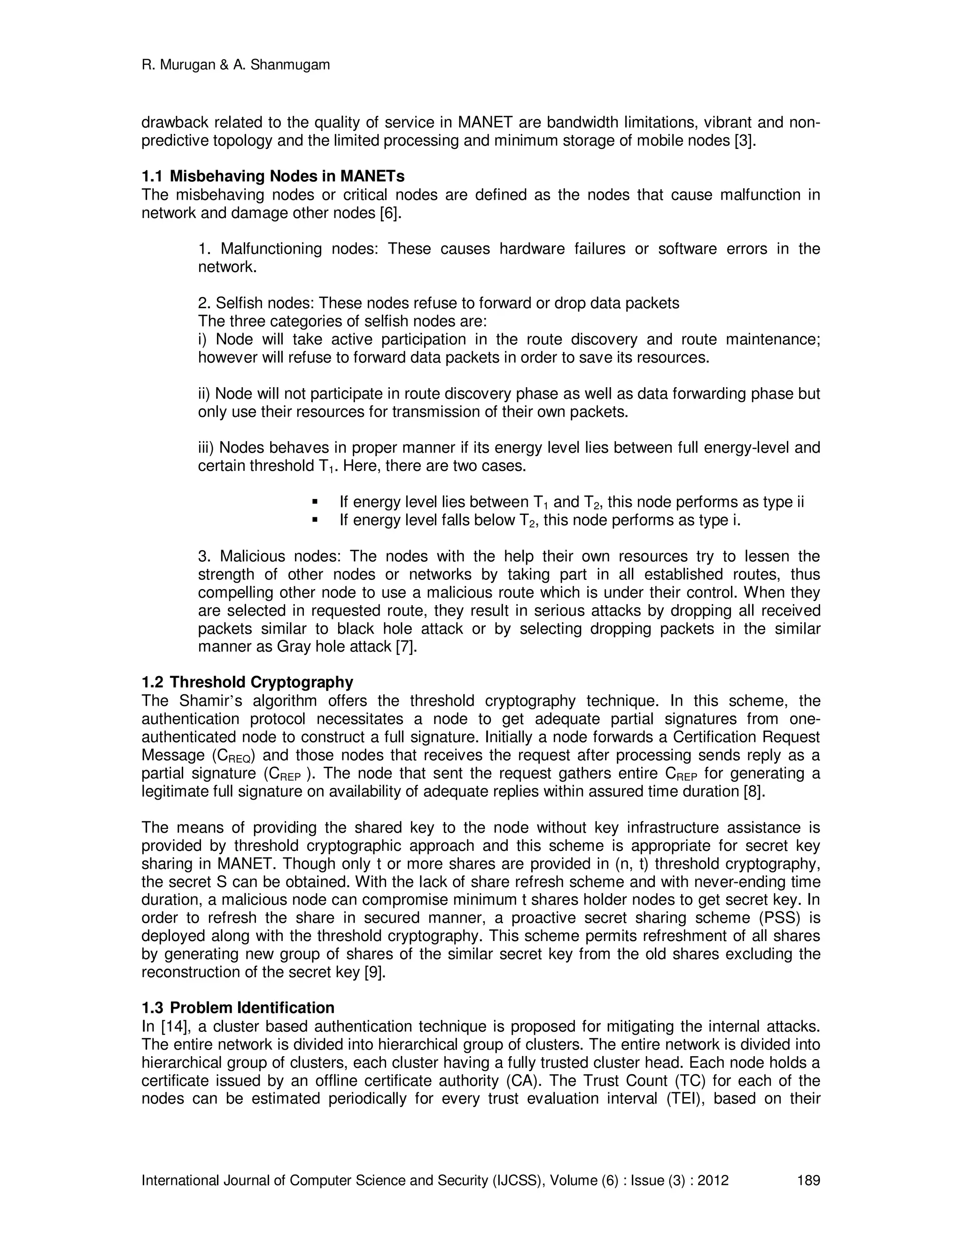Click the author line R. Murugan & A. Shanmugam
click(235, 65)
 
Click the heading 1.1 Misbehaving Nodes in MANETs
click(273, 176)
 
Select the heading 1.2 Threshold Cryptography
click(248, 682)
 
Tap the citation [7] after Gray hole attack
click(406, 647)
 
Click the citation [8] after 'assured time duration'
click(754, 792)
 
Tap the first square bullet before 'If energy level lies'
click(315, 502)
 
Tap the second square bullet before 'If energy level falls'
click(315, 521)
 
